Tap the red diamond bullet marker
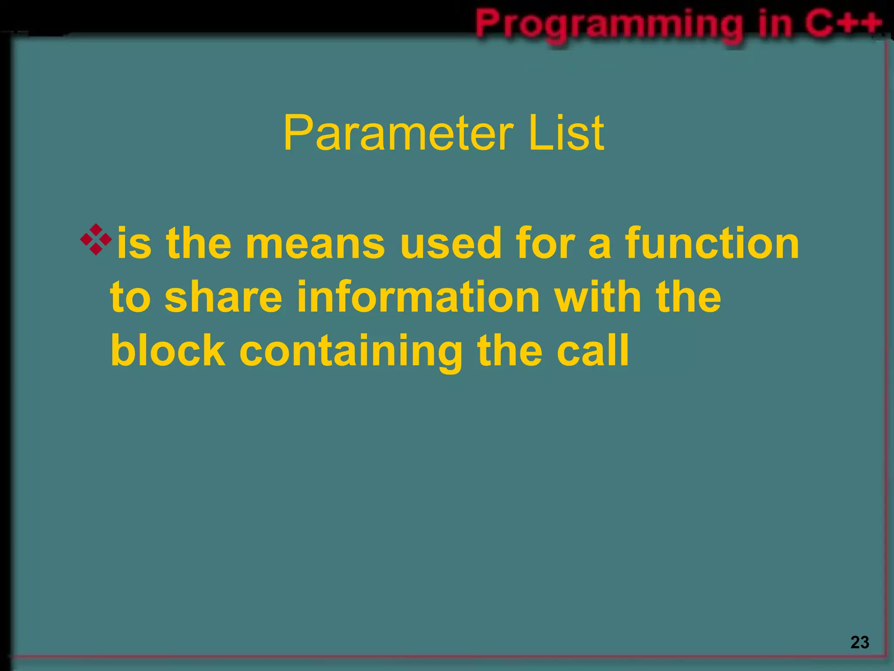96,239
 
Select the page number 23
860,642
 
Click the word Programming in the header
609,24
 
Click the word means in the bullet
315,244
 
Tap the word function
712,243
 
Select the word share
223,297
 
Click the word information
418,297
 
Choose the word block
168,350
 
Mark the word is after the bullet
134,243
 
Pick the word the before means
199,243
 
